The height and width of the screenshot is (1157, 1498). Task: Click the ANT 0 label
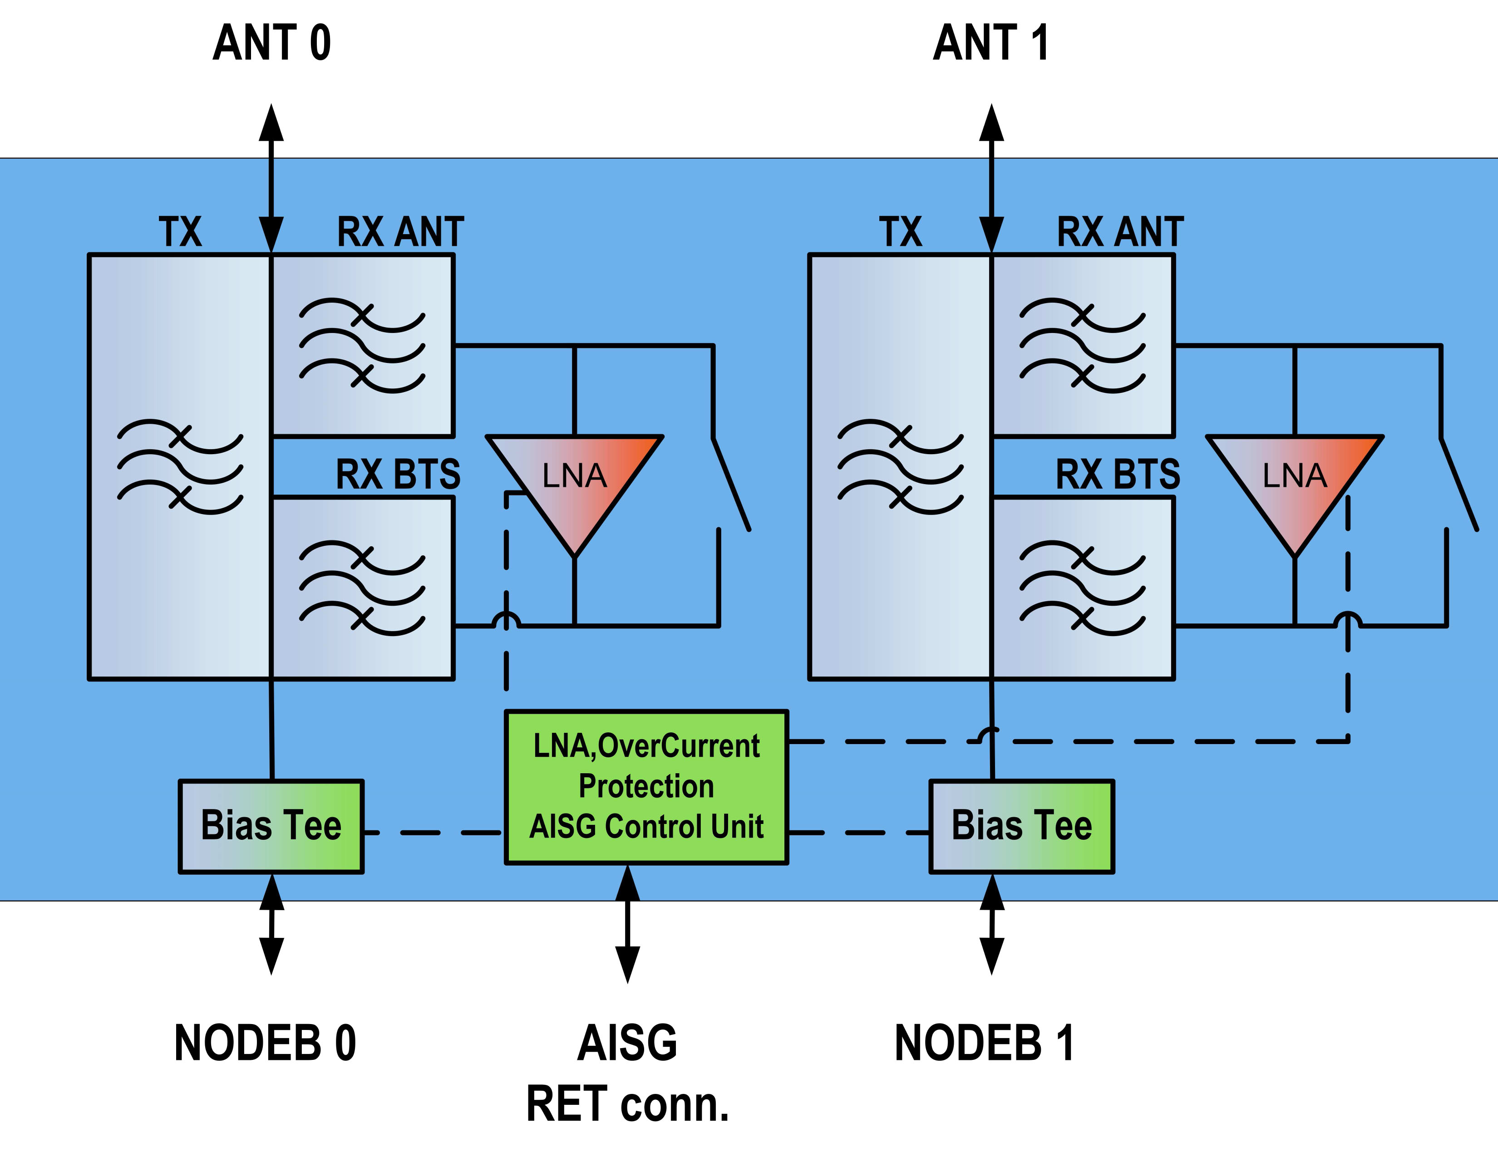(x=271, y=43)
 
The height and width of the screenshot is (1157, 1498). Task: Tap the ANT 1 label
(x=990, y=43)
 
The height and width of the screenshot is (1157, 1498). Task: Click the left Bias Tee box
(x=271, y=826)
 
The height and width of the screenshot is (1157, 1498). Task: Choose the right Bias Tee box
(x=1021, y=826)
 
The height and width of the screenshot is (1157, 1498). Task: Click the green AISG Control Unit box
(x=646, y=787)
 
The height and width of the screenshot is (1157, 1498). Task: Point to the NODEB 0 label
(x=265, y=1043)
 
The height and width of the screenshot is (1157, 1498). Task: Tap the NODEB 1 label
(x=984, y=1043)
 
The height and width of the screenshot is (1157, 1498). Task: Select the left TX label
(x=180, y=232)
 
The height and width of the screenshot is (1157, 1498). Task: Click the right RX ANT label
(x=1120, y=232)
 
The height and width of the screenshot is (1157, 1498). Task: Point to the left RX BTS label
(x=398, y=474)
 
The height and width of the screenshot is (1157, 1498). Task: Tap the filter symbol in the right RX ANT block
(x=1082, y=345)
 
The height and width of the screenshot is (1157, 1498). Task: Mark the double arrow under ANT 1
(x=991, y=178)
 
